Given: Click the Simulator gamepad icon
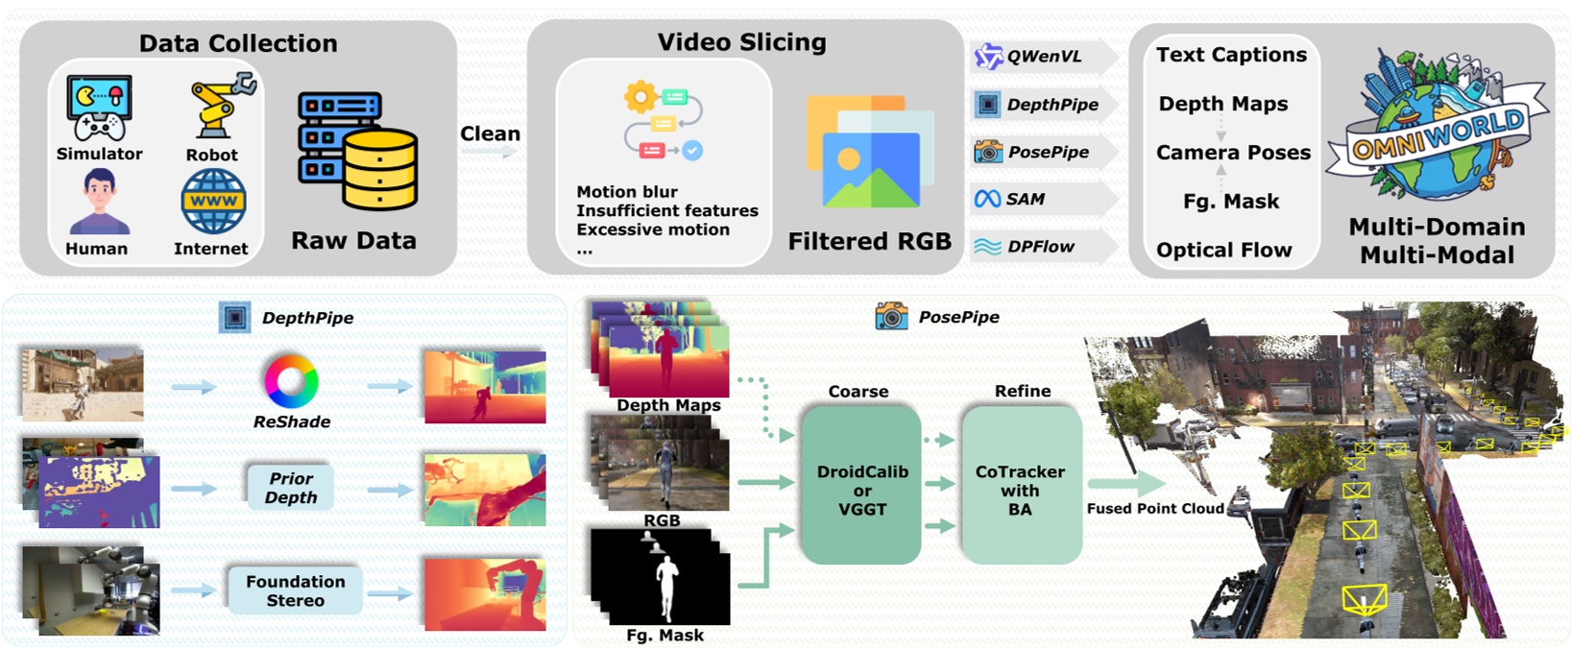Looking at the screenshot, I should pos(99,108).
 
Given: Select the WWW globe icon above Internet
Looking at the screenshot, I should pos(213,202).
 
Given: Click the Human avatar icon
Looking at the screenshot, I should pos(99,201).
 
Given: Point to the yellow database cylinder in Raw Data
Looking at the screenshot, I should pos(380,170).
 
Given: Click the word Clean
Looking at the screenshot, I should pos(490,133).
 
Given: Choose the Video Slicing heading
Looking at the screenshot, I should pos(741,42).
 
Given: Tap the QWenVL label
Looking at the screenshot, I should pos(1044,57).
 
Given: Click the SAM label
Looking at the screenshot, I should pos(1025,199).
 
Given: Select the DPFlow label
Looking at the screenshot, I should pos(1041,247).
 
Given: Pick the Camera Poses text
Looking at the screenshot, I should pos(1233,153).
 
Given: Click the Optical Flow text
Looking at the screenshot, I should pos(1224,251).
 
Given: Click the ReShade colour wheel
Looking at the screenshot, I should pos(291,381).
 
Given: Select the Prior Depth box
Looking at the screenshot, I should pos(290,488).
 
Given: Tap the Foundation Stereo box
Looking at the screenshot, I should pos(295,590).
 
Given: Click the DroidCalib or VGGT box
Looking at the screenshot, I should pos(861,486).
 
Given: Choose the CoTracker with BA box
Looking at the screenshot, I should pos(1020,486).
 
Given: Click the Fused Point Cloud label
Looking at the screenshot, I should pos(1155,509).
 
